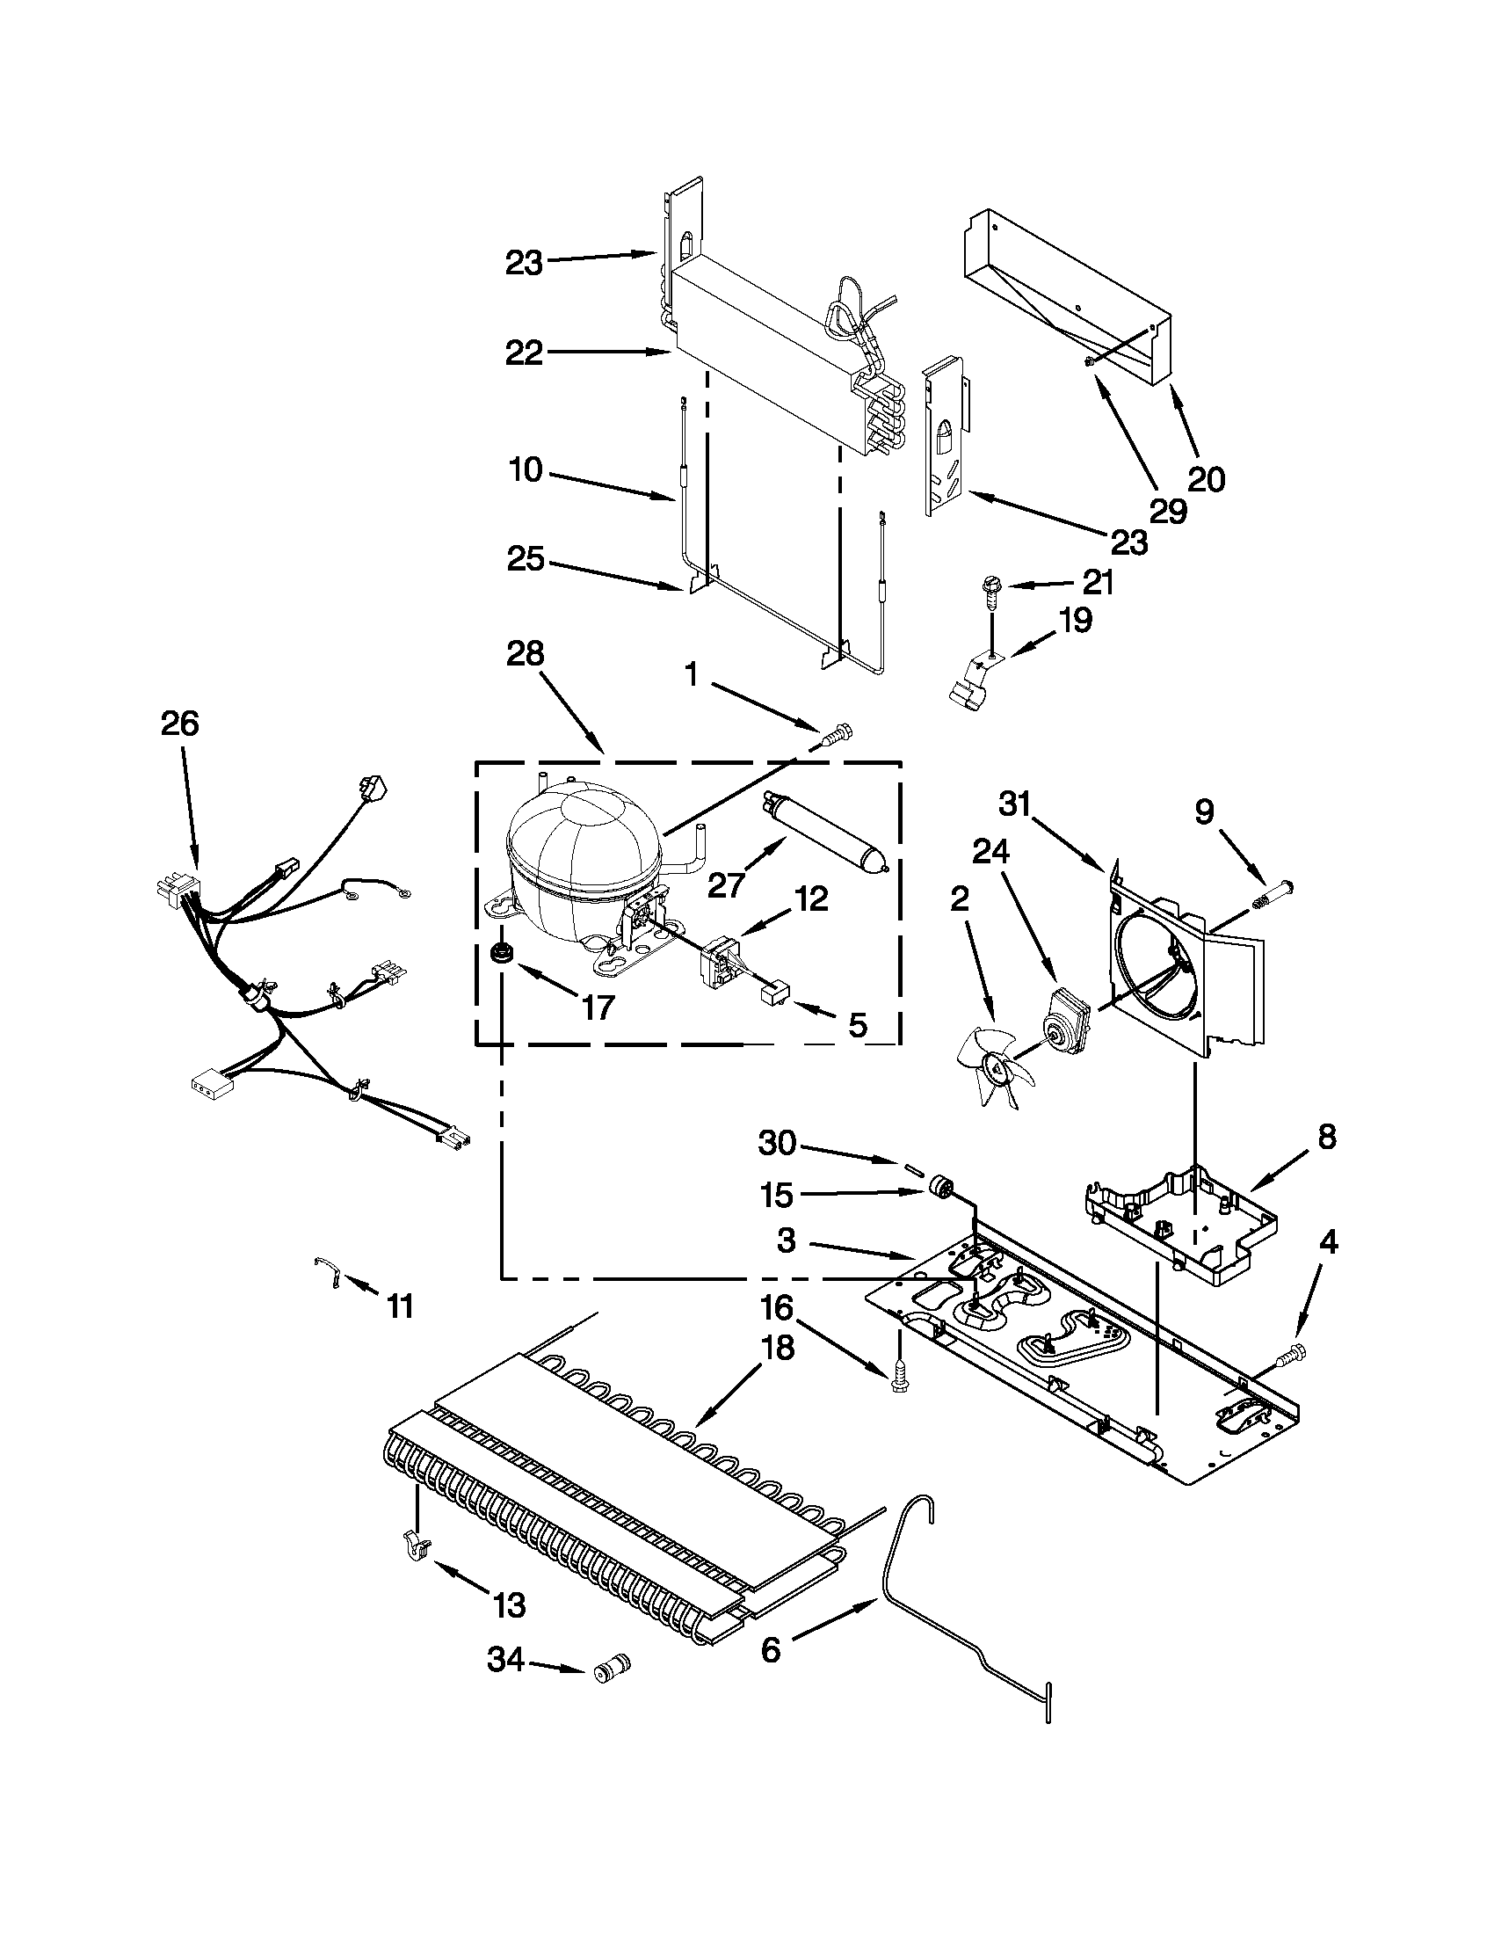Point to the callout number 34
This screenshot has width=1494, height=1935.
506,1659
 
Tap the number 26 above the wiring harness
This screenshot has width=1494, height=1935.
180,724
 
